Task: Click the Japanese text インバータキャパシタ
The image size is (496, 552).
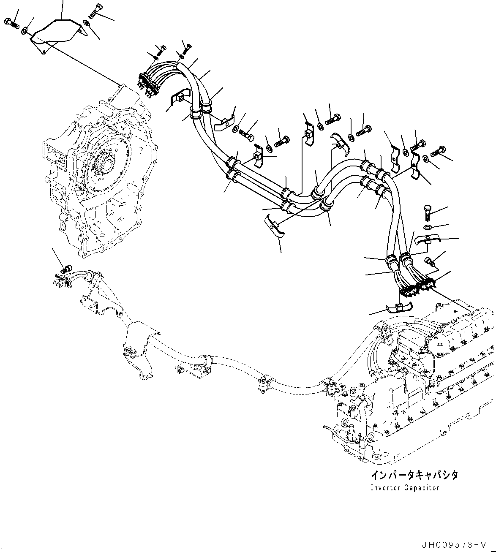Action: pyautogui.click(x=414, y=475)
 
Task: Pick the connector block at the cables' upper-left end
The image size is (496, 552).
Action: pyautogui.click(x=148, y=82)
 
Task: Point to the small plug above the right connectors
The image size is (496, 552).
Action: pyautogui.click(x=430, y=262)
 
